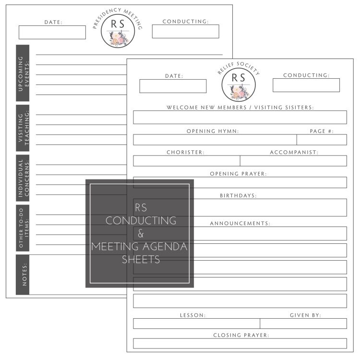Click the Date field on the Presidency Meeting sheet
pyautogui.click(x=52, y=32)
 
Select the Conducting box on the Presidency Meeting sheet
pyautogui.click(x=185, y=32)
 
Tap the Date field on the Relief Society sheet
pyautogui.click(x=173, y=86)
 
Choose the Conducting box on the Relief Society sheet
pyautogui.click(x=306, y=85)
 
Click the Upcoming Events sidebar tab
pyautogui.click(x=23, y=73)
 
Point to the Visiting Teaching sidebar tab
pyautogui.click(x=23, y=128)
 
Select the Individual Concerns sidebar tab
pyautogui.click(x=23, y=178)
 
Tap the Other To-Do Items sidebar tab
pyautogui.click(x=23, y=228)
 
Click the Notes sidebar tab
pyautogui.click(x=23, y=275)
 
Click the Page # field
pyautogui.click(x=322, y=140)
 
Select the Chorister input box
pyautogui.click(x=187, y=161)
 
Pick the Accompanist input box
pyautogui.click(x=293, y=161)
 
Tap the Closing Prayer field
pyautogui.click(x=240, y=344)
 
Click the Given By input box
pyautogui.click(x=303, y=324)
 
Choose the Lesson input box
pyautogui.click(x=196, y=324)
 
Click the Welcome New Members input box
pyautogui.click(x=240, y=117)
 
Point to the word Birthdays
pyautogui.click(x=238, y=196)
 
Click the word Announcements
pyautogui.click(x=240, y=223)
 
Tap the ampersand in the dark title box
pyautogui.click(x=141, y=233)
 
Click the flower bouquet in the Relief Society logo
pyautogui.click(x=239, y=92)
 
